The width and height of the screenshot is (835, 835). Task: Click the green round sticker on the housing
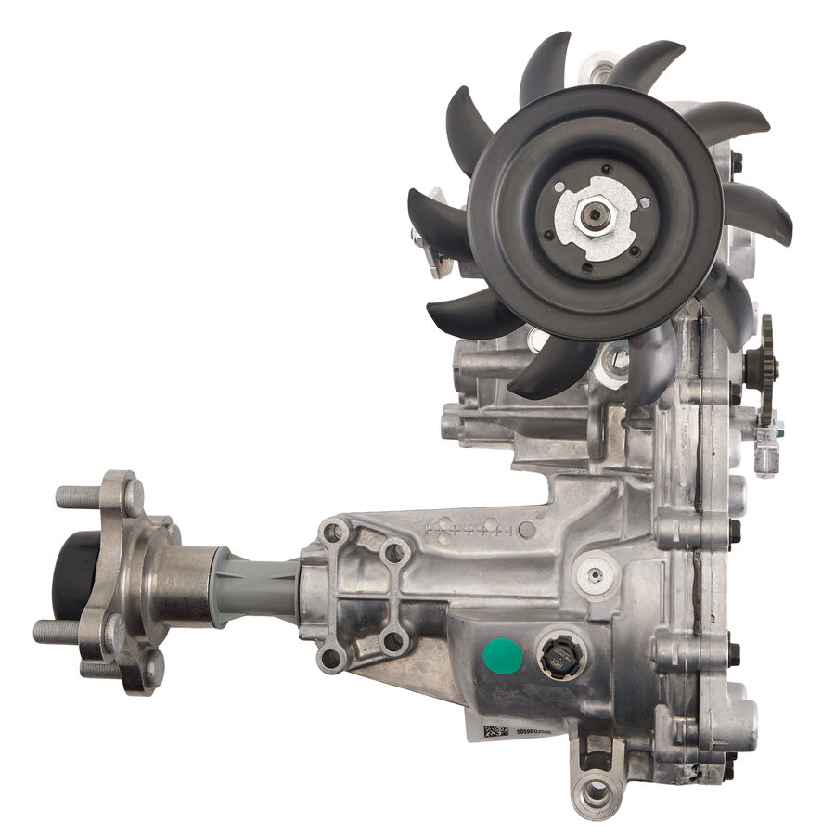tap(503, 656)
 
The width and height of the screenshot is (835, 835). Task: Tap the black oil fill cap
tap(561, 657)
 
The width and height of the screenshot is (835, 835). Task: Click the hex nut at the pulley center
tap(595, 215)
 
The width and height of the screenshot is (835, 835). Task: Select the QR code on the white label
tap(495, 731)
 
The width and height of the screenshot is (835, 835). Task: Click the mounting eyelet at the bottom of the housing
tap(595, 791)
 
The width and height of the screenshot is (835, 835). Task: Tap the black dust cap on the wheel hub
tap(67, 576)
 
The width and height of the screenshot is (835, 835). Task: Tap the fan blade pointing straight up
tap(546, 65)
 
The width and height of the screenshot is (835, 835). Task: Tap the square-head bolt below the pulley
tap(614, 361)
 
